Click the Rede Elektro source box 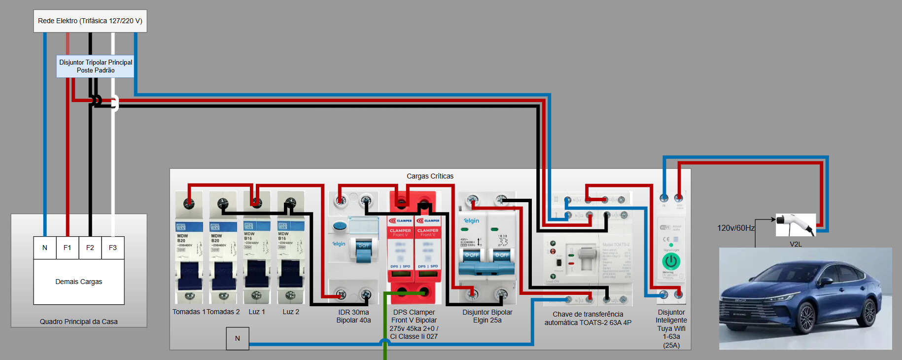90,21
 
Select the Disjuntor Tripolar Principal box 96,66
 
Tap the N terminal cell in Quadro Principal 45,248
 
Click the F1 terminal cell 68,248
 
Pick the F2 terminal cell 90,248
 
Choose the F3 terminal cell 113,248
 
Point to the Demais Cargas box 79,282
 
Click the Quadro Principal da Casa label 79,322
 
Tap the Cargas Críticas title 430,176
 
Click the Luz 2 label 291,312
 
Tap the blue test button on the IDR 339,226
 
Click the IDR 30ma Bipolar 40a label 353,316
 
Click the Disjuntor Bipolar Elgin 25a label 487,316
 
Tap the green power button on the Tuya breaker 671,261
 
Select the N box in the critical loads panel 238,339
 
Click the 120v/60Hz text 736,228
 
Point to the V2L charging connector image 795,225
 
